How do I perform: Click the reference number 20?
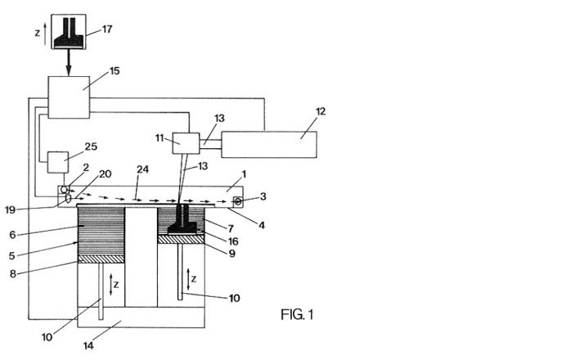[105, 173]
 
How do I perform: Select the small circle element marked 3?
[237, 200]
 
